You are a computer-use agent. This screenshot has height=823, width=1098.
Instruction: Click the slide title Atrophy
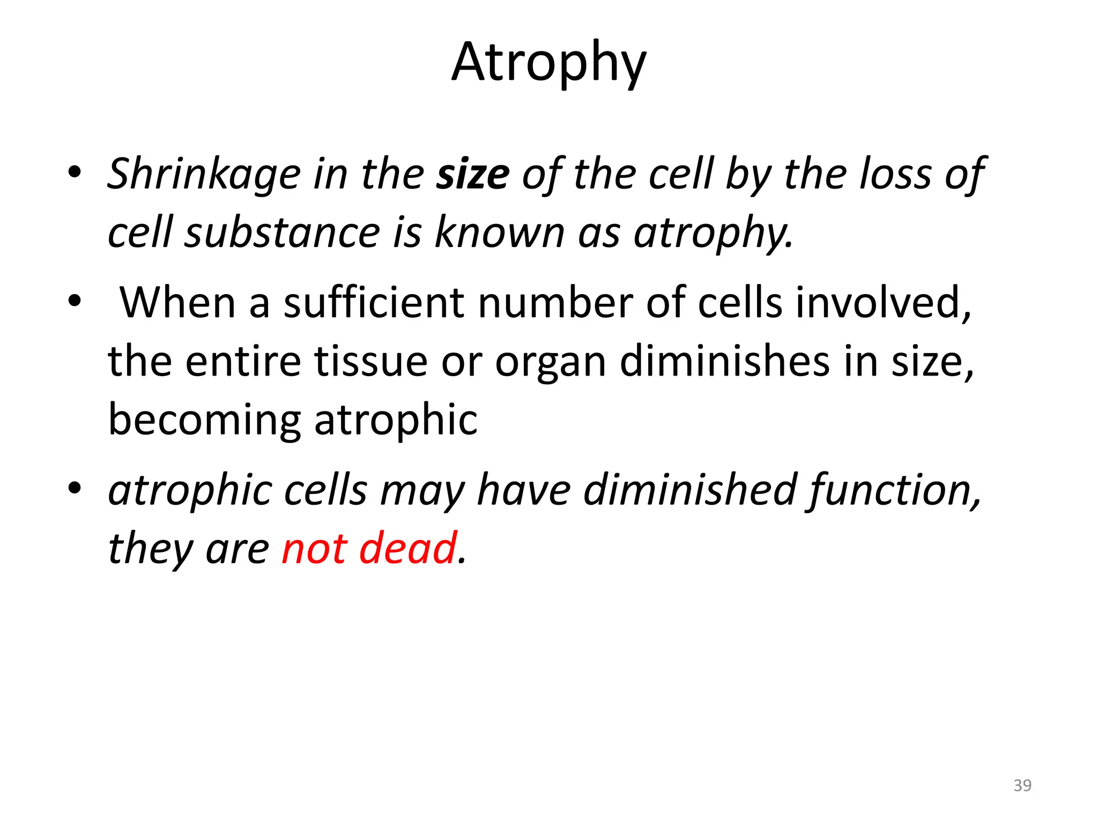(549, 63)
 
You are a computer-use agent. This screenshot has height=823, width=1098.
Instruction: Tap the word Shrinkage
(204, 175)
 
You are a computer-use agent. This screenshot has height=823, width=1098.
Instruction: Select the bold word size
(473, 175)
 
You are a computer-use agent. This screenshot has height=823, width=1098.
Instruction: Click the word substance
(282, 233)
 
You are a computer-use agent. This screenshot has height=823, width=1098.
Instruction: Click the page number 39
(1022, 785)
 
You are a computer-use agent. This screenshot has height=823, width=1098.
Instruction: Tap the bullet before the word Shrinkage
(75, 172)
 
